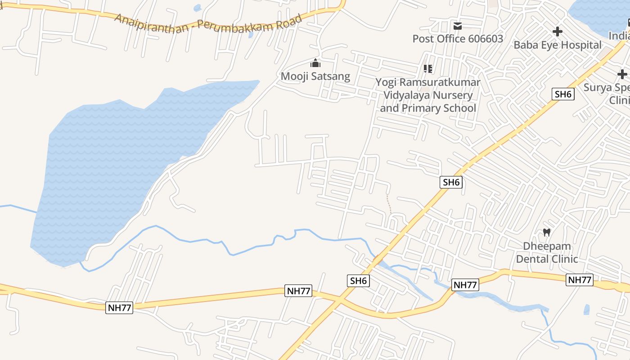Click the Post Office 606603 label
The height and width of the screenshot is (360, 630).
click(458, 39)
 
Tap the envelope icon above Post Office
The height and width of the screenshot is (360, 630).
click(458, 26)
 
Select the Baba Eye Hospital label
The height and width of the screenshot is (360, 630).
click(558, 45)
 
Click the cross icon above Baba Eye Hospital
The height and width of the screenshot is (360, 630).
click(558, 31)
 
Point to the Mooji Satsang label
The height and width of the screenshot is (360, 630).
click(315, 76)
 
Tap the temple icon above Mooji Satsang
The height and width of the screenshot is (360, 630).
click(315, 63)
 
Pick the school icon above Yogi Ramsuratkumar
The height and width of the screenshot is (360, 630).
click(427, 69)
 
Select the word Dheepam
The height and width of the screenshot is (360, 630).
click(547, 246)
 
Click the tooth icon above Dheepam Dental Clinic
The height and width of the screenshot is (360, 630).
click(547, 233)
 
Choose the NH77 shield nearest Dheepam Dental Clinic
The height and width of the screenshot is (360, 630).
click(580, 280)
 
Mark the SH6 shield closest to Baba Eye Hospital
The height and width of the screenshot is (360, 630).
click(563, 94)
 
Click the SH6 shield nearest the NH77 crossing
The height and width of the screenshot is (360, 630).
click(359, 281)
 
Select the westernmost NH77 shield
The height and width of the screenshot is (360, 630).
click(119, 308)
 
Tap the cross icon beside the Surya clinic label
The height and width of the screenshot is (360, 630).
click(622, 74)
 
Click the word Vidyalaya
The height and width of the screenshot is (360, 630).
click(428, 95)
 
